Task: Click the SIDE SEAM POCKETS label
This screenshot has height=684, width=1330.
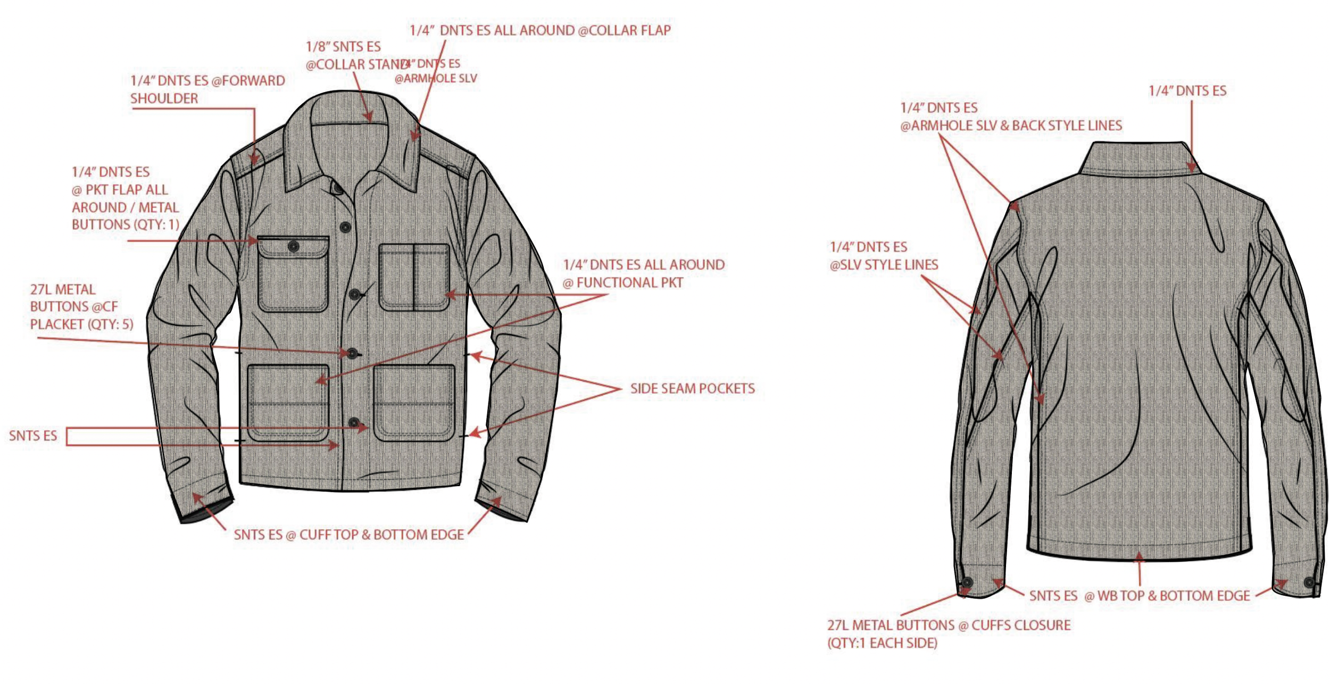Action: [692, 389]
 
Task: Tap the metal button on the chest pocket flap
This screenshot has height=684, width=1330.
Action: [293, 246]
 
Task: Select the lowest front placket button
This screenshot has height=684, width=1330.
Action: [354, 423]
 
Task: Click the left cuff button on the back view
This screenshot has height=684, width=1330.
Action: [967, 583]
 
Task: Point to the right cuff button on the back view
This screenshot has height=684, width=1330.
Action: [1309, 583]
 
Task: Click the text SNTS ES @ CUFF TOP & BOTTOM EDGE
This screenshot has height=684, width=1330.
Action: [349, 535]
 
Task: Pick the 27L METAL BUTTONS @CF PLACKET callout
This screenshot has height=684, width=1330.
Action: [81, 307]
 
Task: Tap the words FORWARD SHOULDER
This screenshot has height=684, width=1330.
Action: [207, 89]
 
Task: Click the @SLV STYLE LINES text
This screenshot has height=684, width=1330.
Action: [884, 265]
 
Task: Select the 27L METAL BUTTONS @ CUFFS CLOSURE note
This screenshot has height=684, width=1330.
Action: [948, 634]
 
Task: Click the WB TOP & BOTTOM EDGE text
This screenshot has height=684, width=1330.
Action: [1173, 596]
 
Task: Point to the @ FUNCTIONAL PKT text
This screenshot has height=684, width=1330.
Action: [623, 283]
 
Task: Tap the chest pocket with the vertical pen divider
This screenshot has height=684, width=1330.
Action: [414, 277]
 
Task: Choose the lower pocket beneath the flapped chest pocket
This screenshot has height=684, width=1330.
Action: [288, 403]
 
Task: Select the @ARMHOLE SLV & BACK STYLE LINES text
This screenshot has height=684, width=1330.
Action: [1011, 126]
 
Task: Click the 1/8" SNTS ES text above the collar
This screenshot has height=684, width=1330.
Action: [343, 47]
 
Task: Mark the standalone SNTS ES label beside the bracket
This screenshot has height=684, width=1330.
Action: [33, 436]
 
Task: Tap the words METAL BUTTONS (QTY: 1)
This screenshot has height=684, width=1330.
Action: [126, 216]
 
